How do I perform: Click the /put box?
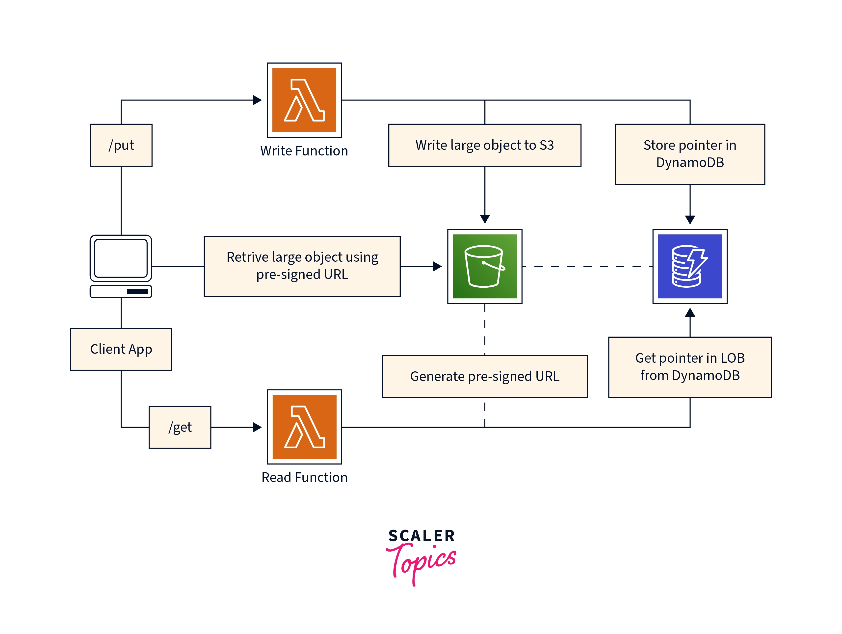(x=121, y=145)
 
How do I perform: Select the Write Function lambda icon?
(x=304, y=100)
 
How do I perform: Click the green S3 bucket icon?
(x=485, y=266)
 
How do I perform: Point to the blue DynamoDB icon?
(x=690, y=266)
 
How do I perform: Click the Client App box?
(x=121, y=349)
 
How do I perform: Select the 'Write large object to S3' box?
(x=485, y=145)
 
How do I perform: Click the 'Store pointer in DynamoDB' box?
(x=690, y=154)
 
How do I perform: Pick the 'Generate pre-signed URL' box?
(x=485, y=376)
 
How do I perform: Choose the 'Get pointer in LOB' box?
(x=690, y=367)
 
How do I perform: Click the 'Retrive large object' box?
(x=302, y=266)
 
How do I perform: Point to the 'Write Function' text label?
(x=304, y=151)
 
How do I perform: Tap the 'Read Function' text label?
(x=304, y=478)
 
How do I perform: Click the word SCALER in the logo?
(x=421, y=536)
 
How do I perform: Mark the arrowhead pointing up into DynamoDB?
(x=690, y=313)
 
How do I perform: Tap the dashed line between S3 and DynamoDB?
(x=587, y=266)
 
